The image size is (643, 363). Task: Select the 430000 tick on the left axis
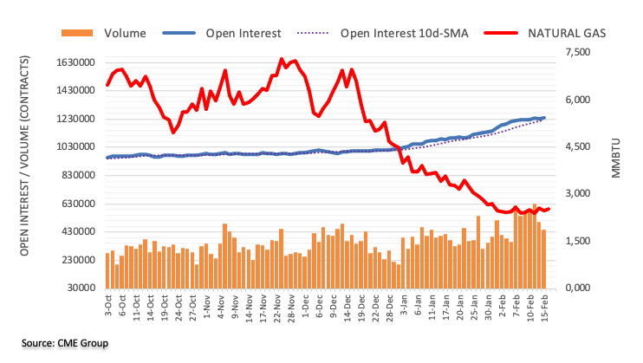(x=74, y=232)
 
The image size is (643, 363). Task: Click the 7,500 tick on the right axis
(x=575, y=54)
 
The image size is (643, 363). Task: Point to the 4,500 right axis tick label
(x=575, y=147)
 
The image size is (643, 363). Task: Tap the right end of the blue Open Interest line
(x=544, y=118)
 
